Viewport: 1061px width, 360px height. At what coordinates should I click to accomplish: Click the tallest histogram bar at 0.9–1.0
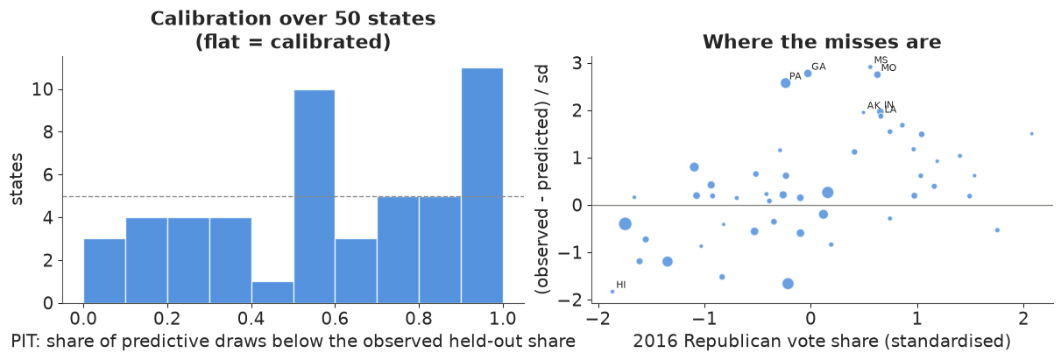click(482, 186)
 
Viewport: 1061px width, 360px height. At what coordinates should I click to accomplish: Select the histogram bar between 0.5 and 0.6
click(315, 196)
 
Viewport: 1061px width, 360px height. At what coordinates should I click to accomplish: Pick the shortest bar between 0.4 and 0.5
click(272, 293)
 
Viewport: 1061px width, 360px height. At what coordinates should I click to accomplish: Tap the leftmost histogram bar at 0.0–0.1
click(104, 271)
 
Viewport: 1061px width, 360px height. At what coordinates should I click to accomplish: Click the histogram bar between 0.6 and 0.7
click(357, 271)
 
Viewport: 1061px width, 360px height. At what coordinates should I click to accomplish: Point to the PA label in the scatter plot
click(796, 76)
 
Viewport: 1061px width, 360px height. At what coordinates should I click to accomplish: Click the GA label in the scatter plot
click(818, 67)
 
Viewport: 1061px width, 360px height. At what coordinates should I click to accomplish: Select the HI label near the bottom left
click(621, 285)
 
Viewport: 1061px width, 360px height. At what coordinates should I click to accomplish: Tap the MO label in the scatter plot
click(888, 67)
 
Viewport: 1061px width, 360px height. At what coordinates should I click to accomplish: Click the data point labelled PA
click(785, 83)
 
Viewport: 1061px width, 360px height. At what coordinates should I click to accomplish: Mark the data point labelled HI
click(612, 292)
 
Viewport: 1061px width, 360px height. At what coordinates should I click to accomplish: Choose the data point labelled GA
click(808, 74)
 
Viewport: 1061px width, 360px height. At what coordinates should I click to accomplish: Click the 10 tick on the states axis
click(42, 89)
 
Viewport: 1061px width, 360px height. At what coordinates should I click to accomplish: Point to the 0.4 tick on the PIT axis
click(251, 318)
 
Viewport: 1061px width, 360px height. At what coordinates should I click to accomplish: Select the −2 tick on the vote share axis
click(598, 318)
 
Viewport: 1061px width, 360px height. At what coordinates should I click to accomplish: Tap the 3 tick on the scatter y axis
click(577, 63)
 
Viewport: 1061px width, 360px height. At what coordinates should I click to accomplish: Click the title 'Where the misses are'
click(822, 42)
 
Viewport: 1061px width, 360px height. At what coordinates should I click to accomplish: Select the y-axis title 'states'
click(17, 179)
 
